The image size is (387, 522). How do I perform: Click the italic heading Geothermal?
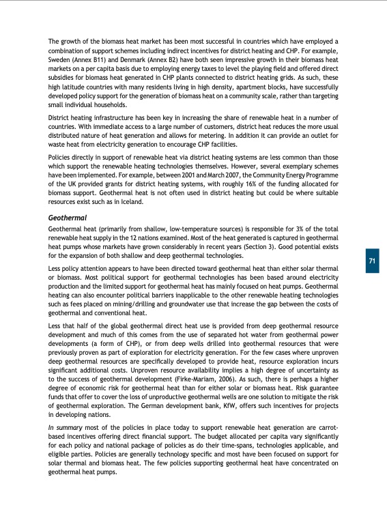tap(67, 217)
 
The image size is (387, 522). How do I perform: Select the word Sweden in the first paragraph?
tap(59, 60)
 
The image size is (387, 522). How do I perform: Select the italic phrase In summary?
tap(65, 426)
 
